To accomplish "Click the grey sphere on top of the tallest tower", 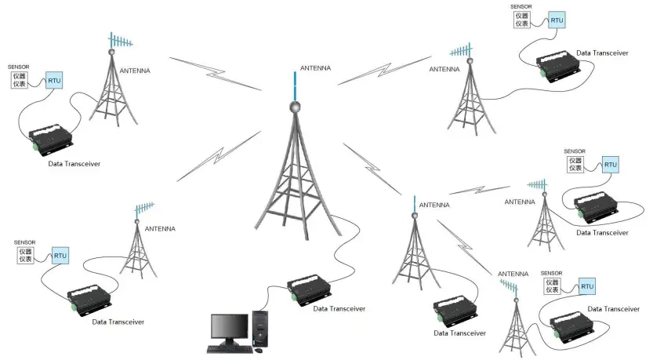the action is (296, 106).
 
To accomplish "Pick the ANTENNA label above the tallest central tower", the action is (315, 68).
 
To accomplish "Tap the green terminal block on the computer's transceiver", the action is (292, 296).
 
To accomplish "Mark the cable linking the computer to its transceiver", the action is (267, 296).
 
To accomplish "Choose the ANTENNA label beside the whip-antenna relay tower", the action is (434, 205).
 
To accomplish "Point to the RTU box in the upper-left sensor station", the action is (54, 80).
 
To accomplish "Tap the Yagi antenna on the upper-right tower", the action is (463, 52).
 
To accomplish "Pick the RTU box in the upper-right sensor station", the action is (556, 20).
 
